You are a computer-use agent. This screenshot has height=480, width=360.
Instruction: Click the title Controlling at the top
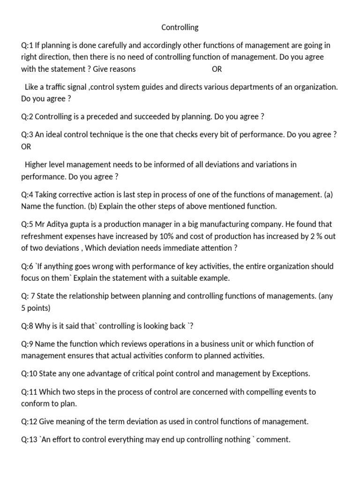180,28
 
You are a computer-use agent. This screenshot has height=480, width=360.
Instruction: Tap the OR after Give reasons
217,69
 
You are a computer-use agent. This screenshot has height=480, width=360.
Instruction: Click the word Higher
37,165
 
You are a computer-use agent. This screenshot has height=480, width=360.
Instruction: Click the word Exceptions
291,374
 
